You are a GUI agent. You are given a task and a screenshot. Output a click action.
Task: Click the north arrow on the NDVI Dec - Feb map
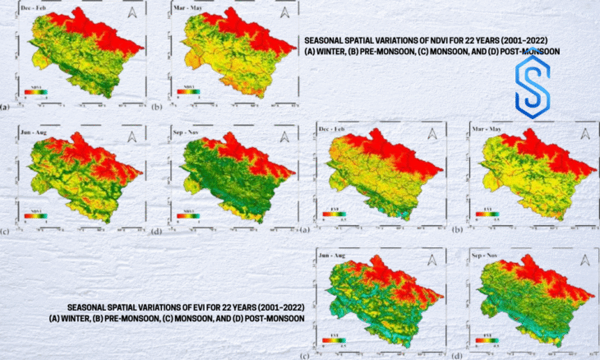135,15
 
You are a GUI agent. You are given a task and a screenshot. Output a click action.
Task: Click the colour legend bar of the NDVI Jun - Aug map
38,216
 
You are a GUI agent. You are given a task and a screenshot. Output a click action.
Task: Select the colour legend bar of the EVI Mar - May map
483,215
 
